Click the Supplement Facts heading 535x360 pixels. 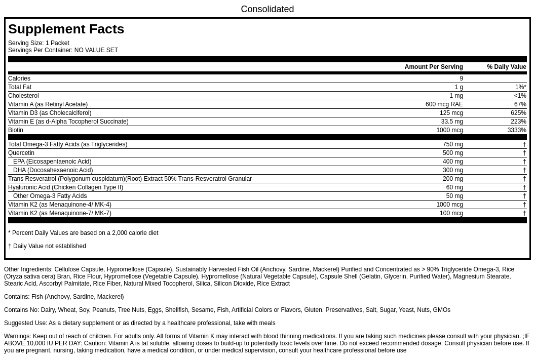(66, 29)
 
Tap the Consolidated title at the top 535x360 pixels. (267, 9)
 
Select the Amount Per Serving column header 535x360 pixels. (433, 67)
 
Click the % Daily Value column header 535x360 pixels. (506, 67)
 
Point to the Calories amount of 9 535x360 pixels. (461, 78)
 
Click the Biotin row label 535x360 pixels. (16, 130)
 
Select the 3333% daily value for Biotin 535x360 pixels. (516, 130)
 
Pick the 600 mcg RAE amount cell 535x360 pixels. (444, 104)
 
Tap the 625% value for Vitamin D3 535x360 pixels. (518, 113)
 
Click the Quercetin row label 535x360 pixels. (21, 153)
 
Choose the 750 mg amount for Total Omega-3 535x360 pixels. (452, 144)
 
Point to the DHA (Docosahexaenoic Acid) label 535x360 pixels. (53, 170)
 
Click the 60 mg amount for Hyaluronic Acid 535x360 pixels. (454, 187)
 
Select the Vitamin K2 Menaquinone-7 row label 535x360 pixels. (60, 213)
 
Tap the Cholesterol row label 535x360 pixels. (23, 96)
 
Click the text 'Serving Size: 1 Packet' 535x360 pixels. (39, 43)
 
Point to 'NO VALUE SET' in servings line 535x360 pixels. (96, 50)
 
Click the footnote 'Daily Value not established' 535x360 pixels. (49, 246)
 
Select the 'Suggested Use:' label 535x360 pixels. (25, 323)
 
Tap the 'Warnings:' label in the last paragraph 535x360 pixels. (17, 336)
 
